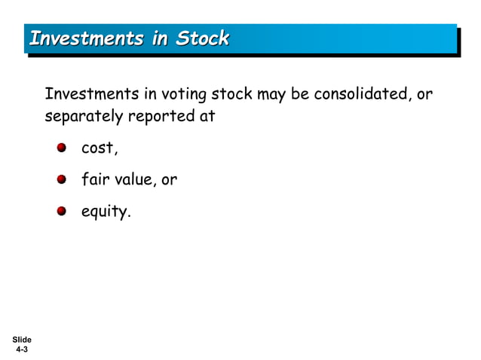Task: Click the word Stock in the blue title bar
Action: [x=202, y=38]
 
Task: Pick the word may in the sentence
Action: [x=268, y=96]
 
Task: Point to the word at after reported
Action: [x=207, y=117]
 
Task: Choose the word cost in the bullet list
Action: [x=99, y=148]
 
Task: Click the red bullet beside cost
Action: [x=62, y=148]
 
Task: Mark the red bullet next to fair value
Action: [x=62, y=179]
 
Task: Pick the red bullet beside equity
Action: [x=62, y=211]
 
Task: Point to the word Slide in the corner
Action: [x=21, y=340]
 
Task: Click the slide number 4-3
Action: [x=21, y=350]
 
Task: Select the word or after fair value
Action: [x=169, y=180]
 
